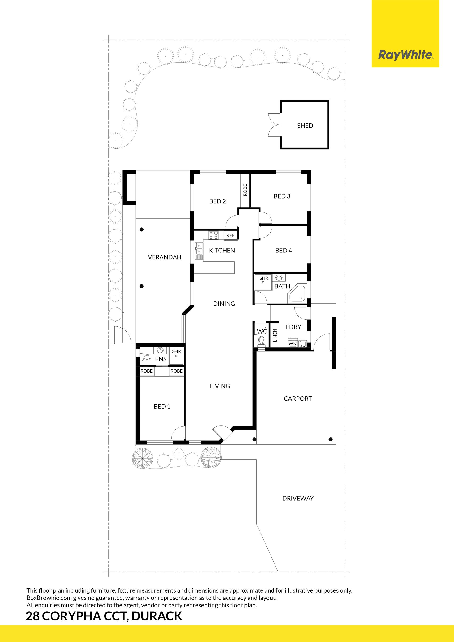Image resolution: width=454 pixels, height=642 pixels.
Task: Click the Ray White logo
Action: [x=406, y=55]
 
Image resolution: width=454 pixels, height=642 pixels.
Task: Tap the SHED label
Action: [x=305, y=126]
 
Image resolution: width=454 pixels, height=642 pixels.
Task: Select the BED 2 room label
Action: [x=217, y=201]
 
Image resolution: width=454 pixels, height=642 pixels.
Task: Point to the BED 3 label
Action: [x=282, y=196]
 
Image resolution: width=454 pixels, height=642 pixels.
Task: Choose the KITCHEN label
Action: [x=222, y=251]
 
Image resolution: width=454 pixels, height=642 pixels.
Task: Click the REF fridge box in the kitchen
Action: [x=231, y=235]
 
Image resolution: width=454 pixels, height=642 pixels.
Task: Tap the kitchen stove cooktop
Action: [x=214, y=235]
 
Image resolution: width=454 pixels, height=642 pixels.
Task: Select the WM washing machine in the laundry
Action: [x=293, y=343]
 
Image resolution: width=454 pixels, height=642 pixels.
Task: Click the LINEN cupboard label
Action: [x=275, y=335]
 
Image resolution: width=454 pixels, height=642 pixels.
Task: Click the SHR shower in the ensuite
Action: [x=176, y=356]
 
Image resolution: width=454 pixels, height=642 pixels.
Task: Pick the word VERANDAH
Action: [x=165, y=257]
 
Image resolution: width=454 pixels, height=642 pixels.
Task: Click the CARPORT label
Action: [x=298, y=399]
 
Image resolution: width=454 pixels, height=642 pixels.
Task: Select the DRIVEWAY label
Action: [x=298, y=498]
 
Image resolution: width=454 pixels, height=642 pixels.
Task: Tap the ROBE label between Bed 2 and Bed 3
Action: [x=245, y=190]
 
